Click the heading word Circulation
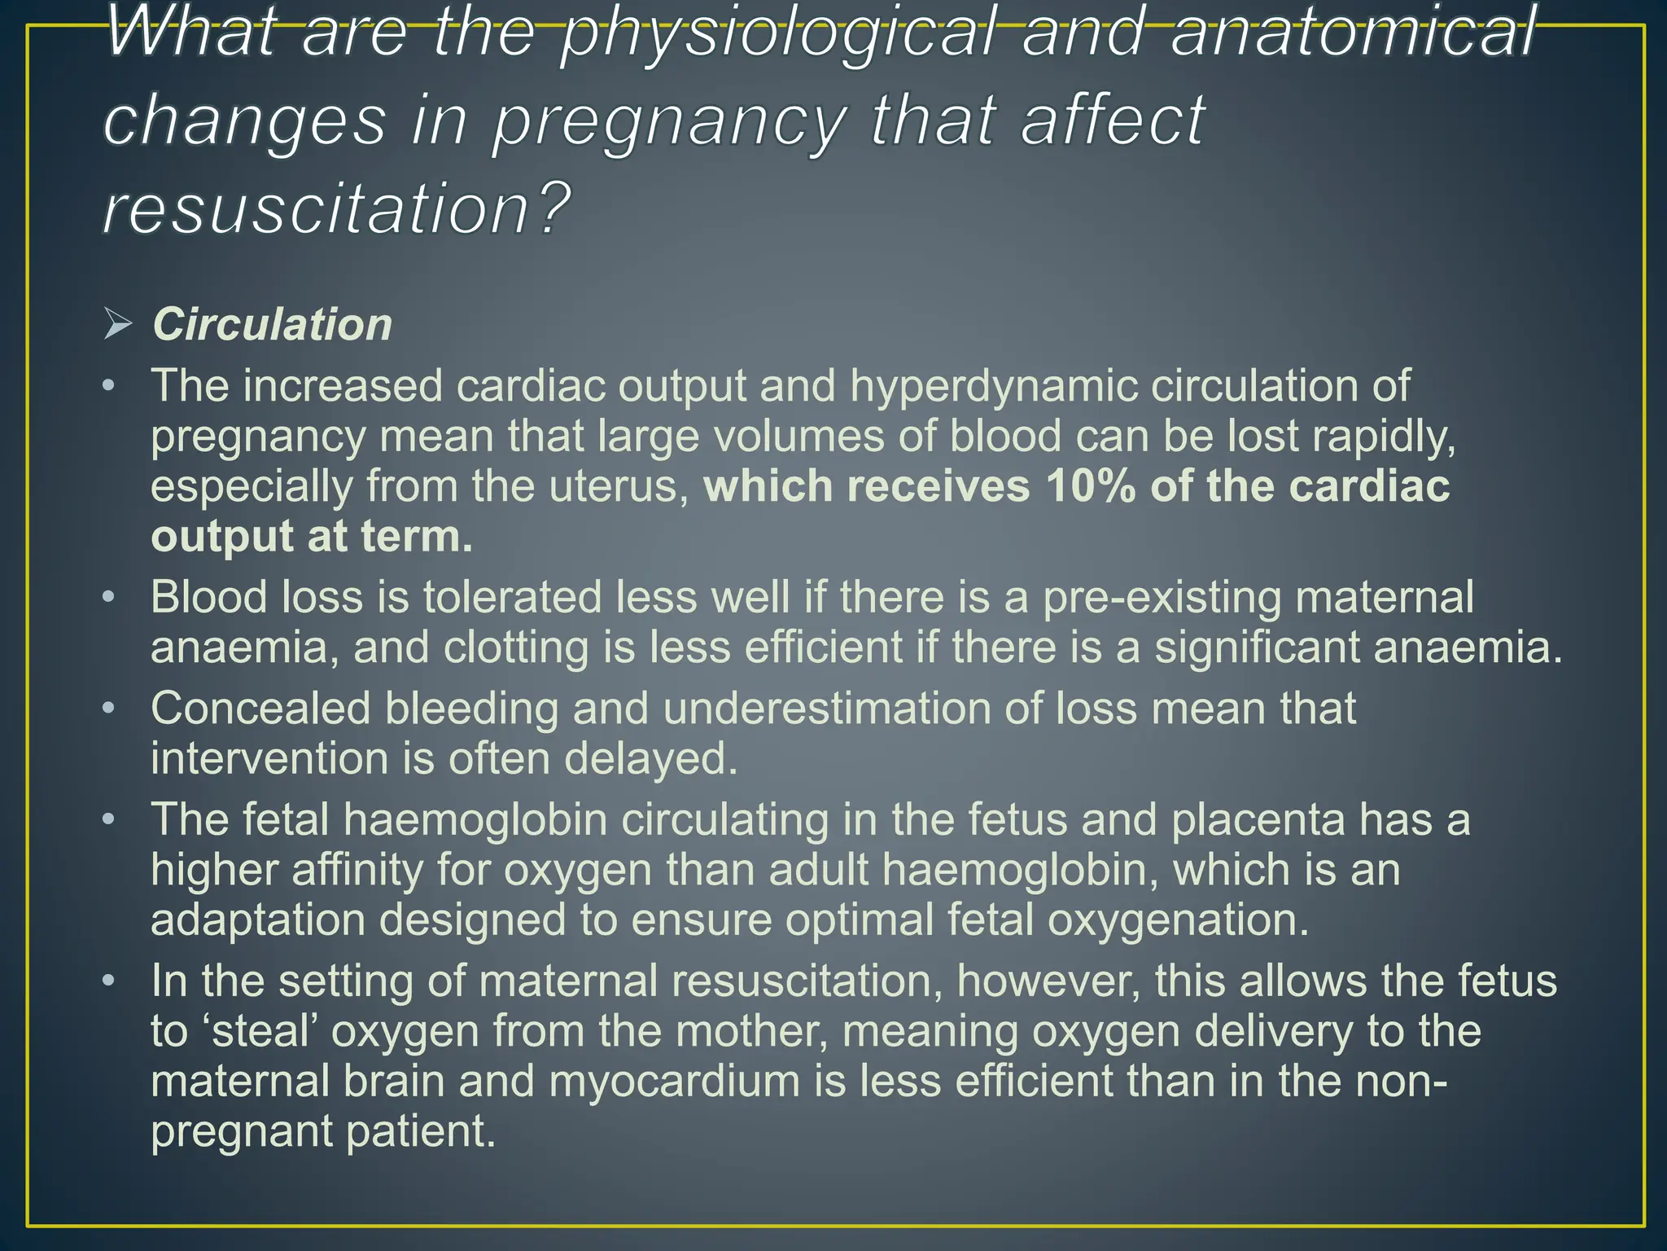coord(272,325)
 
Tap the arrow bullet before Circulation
coord(118,325)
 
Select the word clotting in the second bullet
coord(516,647)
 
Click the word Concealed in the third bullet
coord(260,708)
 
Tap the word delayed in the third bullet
coord(650,758)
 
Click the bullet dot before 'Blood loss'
coord(109,597)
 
